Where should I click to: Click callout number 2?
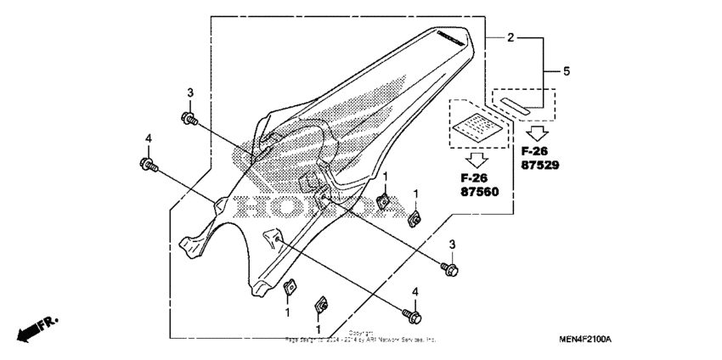point(510,37)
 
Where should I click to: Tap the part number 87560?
point(480,192)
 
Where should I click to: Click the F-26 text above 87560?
point(477,178)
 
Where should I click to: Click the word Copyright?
point(360,333)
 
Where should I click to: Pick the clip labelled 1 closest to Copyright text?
point(322,304)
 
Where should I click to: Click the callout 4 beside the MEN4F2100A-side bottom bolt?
point(416,292)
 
